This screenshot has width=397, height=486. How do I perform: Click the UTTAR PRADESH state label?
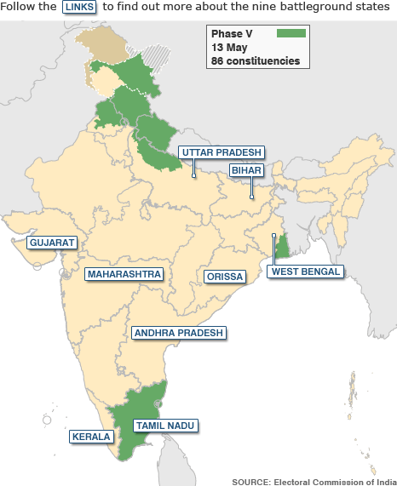pyautogui.click(x=221, y=152)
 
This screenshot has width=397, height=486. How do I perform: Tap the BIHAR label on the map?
pyautogui.click(x=245, y=170)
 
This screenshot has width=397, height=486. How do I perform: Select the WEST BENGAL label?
pyautogui.click(x=305, y=272)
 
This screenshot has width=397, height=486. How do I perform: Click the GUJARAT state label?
pyautogui.click(x=53, y=243)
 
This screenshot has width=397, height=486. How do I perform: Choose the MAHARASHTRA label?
pyautogui.click(x=124, y=274)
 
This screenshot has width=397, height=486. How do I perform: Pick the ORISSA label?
pyautogui.click(x=224, y=277)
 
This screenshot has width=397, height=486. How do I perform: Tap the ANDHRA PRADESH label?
pyautogui.click(x=178, y=333)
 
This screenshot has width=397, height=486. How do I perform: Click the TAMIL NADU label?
pyautogui.click(x=165, y=424)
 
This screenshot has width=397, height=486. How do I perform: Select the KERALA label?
pyautogui.click(x=91, y=437)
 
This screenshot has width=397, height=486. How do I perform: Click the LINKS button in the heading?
pyautogui.click(x=80, y=8)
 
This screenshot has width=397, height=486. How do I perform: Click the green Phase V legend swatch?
pyautogui.click(x=291, y=33)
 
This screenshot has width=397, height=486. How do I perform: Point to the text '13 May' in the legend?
pyautogui.click(x=230, y=48)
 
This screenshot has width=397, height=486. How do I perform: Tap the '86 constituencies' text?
pyautogui.click(x=255, y=61)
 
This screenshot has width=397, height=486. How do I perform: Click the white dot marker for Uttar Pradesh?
pyautogui.click(x=194, y=176)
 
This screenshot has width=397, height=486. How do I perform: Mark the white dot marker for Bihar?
pyautogui.click(x=251, y=197)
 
